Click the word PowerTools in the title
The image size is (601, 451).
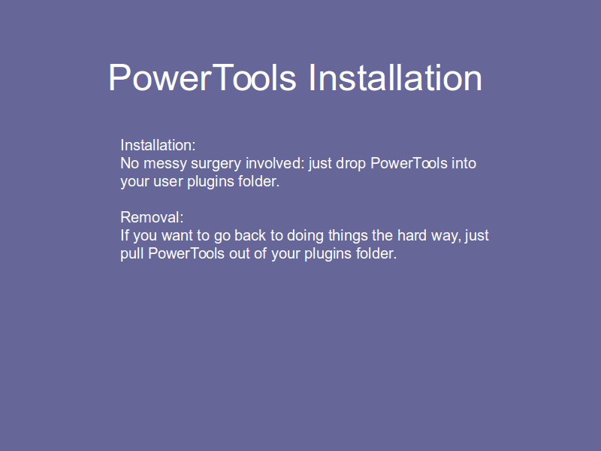202,78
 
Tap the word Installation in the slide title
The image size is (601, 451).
395,78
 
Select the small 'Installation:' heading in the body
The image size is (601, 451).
158,145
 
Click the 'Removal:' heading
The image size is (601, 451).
152,217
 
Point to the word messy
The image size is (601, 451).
165,164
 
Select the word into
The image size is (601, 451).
464,163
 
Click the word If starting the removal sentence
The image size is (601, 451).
125,235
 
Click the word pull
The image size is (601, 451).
132,254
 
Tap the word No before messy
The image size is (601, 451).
129,163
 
